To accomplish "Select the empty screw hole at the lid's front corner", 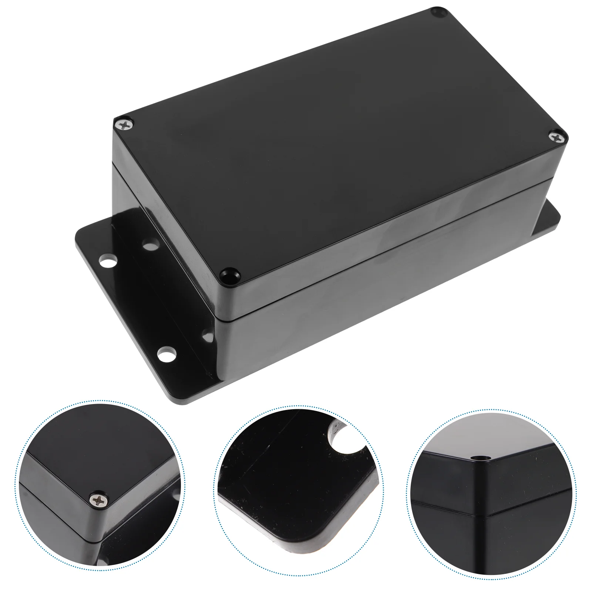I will [230, 275].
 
